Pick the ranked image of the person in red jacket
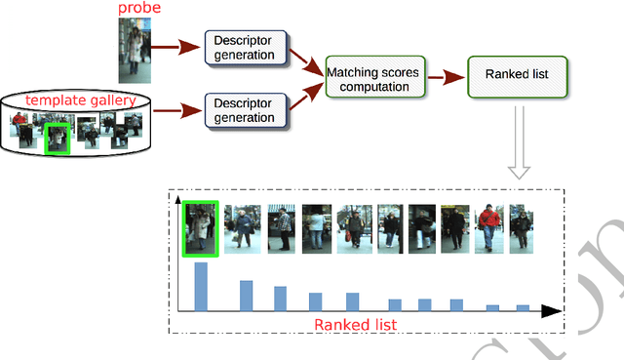pos(490,229)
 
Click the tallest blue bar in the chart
pos(201,286)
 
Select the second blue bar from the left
pos(247,295)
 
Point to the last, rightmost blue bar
pos(524,307)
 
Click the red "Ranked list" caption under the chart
pos(356,324)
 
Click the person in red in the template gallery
pos(19,126)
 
